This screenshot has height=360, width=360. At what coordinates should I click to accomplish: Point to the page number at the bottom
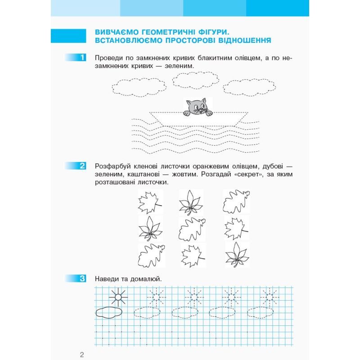tap(81, 355)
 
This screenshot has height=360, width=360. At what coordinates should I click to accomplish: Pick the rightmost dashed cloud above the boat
tap(244, 86)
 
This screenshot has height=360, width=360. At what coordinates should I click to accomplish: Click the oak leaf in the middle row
tap(192, 229)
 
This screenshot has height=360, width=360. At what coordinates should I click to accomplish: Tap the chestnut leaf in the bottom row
tap(236, 256)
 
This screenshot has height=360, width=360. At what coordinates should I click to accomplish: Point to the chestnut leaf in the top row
tap(191, 202)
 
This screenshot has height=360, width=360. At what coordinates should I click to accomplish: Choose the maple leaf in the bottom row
tap(193, 256)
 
